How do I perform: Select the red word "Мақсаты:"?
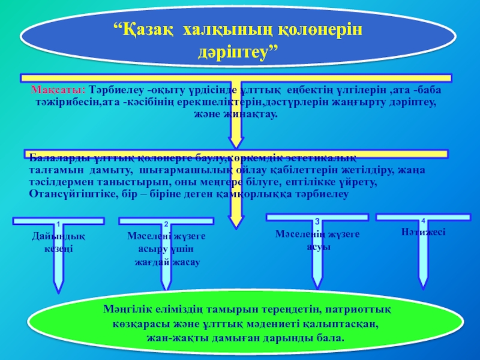[58, 90]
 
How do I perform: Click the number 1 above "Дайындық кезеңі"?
[58, 224]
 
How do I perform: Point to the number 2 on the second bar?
[166, 224]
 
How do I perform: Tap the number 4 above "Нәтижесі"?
[423, 221]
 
